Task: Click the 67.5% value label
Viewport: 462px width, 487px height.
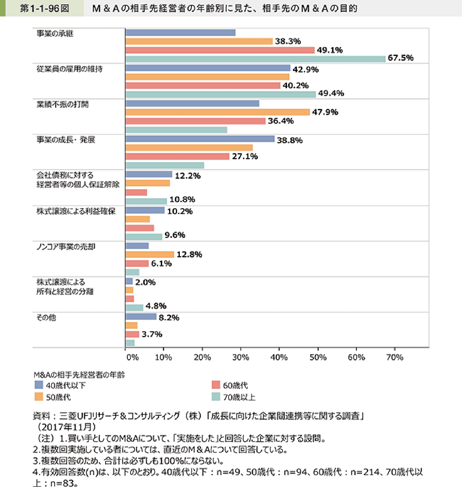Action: pyautogui.click(x=400, y=58)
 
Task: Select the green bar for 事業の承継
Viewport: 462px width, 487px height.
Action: pyautogui.click(x=255, y=59)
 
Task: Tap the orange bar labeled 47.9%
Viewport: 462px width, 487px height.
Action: pyautogui.click(x=217, y=112)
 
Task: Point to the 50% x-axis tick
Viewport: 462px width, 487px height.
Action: pyautogui.click(x=318, y=357)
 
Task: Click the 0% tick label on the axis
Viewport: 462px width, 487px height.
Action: pyautogui.click(x=132, y=357)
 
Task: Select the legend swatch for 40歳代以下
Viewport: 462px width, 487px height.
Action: pyautogui.click(x=39, y=385)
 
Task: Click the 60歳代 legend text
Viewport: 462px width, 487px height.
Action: pyautogui.click(x=235, y=385)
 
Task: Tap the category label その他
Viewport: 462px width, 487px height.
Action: pyautogui.click(x=46, y=318)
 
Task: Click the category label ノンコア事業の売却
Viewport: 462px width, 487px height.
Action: pyautogui.click(x=66, y=247)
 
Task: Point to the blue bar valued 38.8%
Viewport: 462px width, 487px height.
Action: pyautogui.click(x=200, y=139)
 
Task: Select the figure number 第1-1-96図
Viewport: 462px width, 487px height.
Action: pyautogui.click(x=44, y=8)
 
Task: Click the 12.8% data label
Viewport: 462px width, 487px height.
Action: pyautogui.click(x=189, y=255)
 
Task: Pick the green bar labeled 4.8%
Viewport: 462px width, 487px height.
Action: pyautogui.click(x=134, y=308)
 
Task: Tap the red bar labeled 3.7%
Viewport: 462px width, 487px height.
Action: pyautogui.click(x=132, y=334)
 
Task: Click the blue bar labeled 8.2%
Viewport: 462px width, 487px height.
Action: pyautogui.click(x=141, y=317)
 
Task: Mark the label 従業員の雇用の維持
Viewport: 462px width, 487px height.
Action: pyautogui.click(x=69, y=69)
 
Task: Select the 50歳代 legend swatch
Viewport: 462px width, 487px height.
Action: pyautogui.click(x=39, y=397)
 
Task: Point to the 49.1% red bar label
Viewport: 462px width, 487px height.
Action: pyautogui.click(x=329, y=50)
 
